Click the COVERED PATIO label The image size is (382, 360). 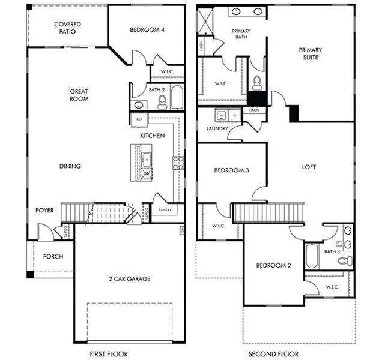[67, 28]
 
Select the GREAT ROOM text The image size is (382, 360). [79, 95]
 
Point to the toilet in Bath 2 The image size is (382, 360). [162, 102]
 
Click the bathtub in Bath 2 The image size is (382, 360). [177, 97]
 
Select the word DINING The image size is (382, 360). [70, 166]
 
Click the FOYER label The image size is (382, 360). [44, 211]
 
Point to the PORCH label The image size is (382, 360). [53, 257]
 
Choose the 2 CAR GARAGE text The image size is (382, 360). [130, 278]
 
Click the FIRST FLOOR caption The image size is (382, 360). [108, 354]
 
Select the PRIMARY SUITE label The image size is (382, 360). [311, 53]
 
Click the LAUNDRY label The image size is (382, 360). [216, 128]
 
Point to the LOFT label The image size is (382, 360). [309, 167]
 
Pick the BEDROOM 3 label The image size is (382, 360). [231, 170]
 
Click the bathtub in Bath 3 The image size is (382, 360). [311, 257]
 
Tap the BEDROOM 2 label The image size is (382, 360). [273, 265]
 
